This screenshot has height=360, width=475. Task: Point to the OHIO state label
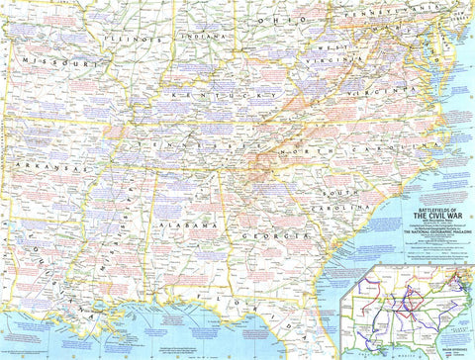(280, 19)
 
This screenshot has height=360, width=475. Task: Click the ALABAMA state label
(183, 226)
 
